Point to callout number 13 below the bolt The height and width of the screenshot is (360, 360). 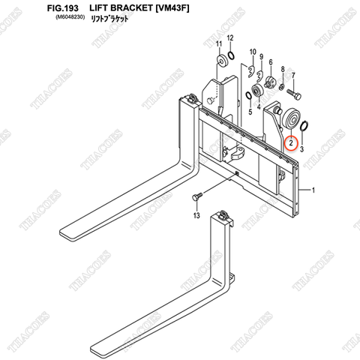pyautogui.click(x=196, y=217)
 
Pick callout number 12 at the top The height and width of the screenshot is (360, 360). pyautogui.click(x=230, y=37)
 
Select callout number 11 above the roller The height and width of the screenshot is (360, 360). pyautogui.click(x=219, y=45)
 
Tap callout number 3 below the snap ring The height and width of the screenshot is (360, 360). pyautogui.click(x=301, y=149)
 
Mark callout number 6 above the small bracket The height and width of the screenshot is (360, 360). pyautogui.click(x=270, y=61)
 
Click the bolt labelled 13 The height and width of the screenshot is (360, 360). pyautogui.click(x=196, y=196)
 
